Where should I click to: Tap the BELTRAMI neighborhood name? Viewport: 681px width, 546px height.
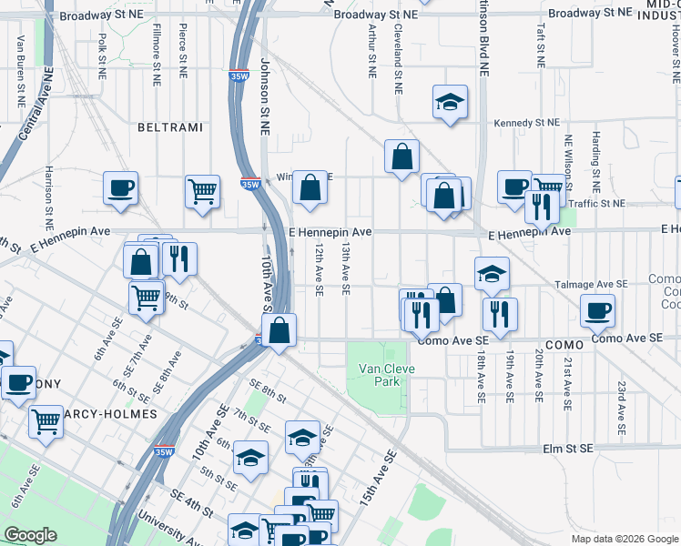click(169, 127)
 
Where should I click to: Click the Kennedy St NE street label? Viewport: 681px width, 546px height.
click(526, 123)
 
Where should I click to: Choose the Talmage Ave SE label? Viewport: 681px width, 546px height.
click(591, 285)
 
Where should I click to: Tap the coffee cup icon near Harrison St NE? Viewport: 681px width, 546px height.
click(120, 188)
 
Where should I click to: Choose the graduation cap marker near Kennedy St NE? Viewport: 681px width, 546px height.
click(450, 103)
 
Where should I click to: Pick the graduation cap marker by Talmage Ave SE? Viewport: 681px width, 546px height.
click(492, 273)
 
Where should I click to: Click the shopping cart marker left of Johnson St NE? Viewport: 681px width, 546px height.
click(202, 191)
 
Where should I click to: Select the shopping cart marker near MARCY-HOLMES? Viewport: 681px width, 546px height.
click(46, 421)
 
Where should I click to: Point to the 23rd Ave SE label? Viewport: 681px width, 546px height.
click(623, 407)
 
